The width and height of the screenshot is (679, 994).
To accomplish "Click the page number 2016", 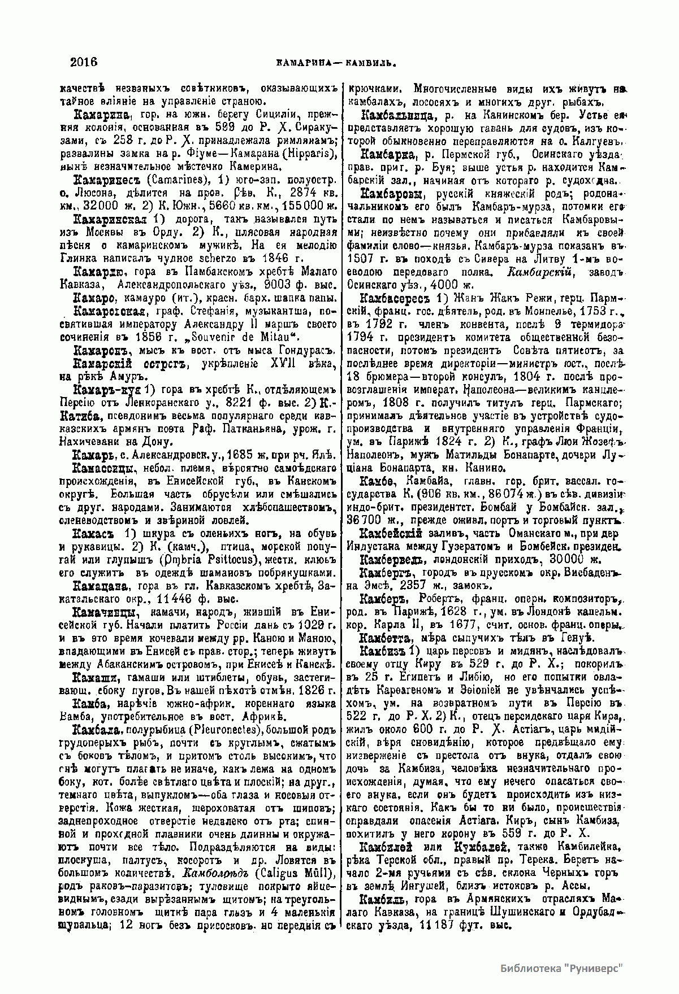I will tap(84, 62).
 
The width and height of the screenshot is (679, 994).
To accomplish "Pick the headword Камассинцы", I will tap(106, 469).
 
